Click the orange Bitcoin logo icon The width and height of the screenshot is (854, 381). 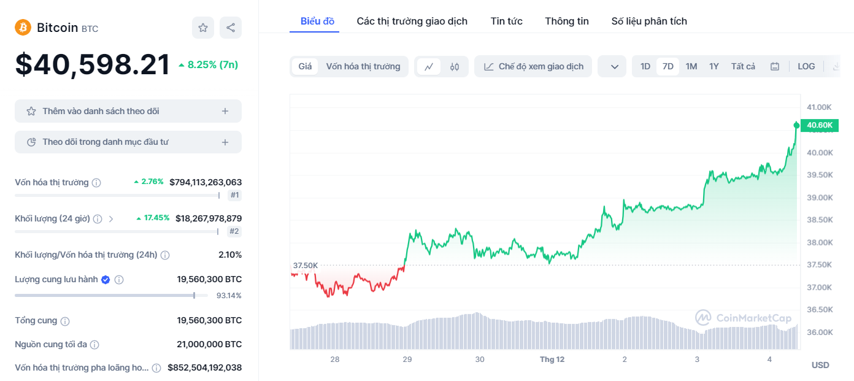23,28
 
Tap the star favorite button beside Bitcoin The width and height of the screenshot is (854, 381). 203,28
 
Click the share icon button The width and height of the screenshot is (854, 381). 231,28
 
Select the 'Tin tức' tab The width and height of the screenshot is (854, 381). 506,21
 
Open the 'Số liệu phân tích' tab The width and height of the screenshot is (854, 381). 649,21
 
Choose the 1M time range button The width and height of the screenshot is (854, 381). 691,66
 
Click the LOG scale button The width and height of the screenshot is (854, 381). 806,66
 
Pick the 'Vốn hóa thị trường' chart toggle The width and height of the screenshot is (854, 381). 363,66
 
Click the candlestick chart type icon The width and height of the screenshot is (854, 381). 455,66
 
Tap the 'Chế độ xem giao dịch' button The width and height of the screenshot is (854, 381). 533,66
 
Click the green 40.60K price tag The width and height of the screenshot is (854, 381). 820,125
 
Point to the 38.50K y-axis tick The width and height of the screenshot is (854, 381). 820,220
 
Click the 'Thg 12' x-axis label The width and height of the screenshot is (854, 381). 552,360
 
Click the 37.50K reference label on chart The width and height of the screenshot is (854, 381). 305,266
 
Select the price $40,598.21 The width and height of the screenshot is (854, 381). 92,65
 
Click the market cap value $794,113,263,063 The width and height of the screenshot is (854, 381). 206,182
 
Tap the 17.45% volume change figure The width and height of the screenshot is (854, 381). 156,218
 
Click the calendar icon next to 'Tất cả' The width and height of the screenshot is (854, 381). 775,66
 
